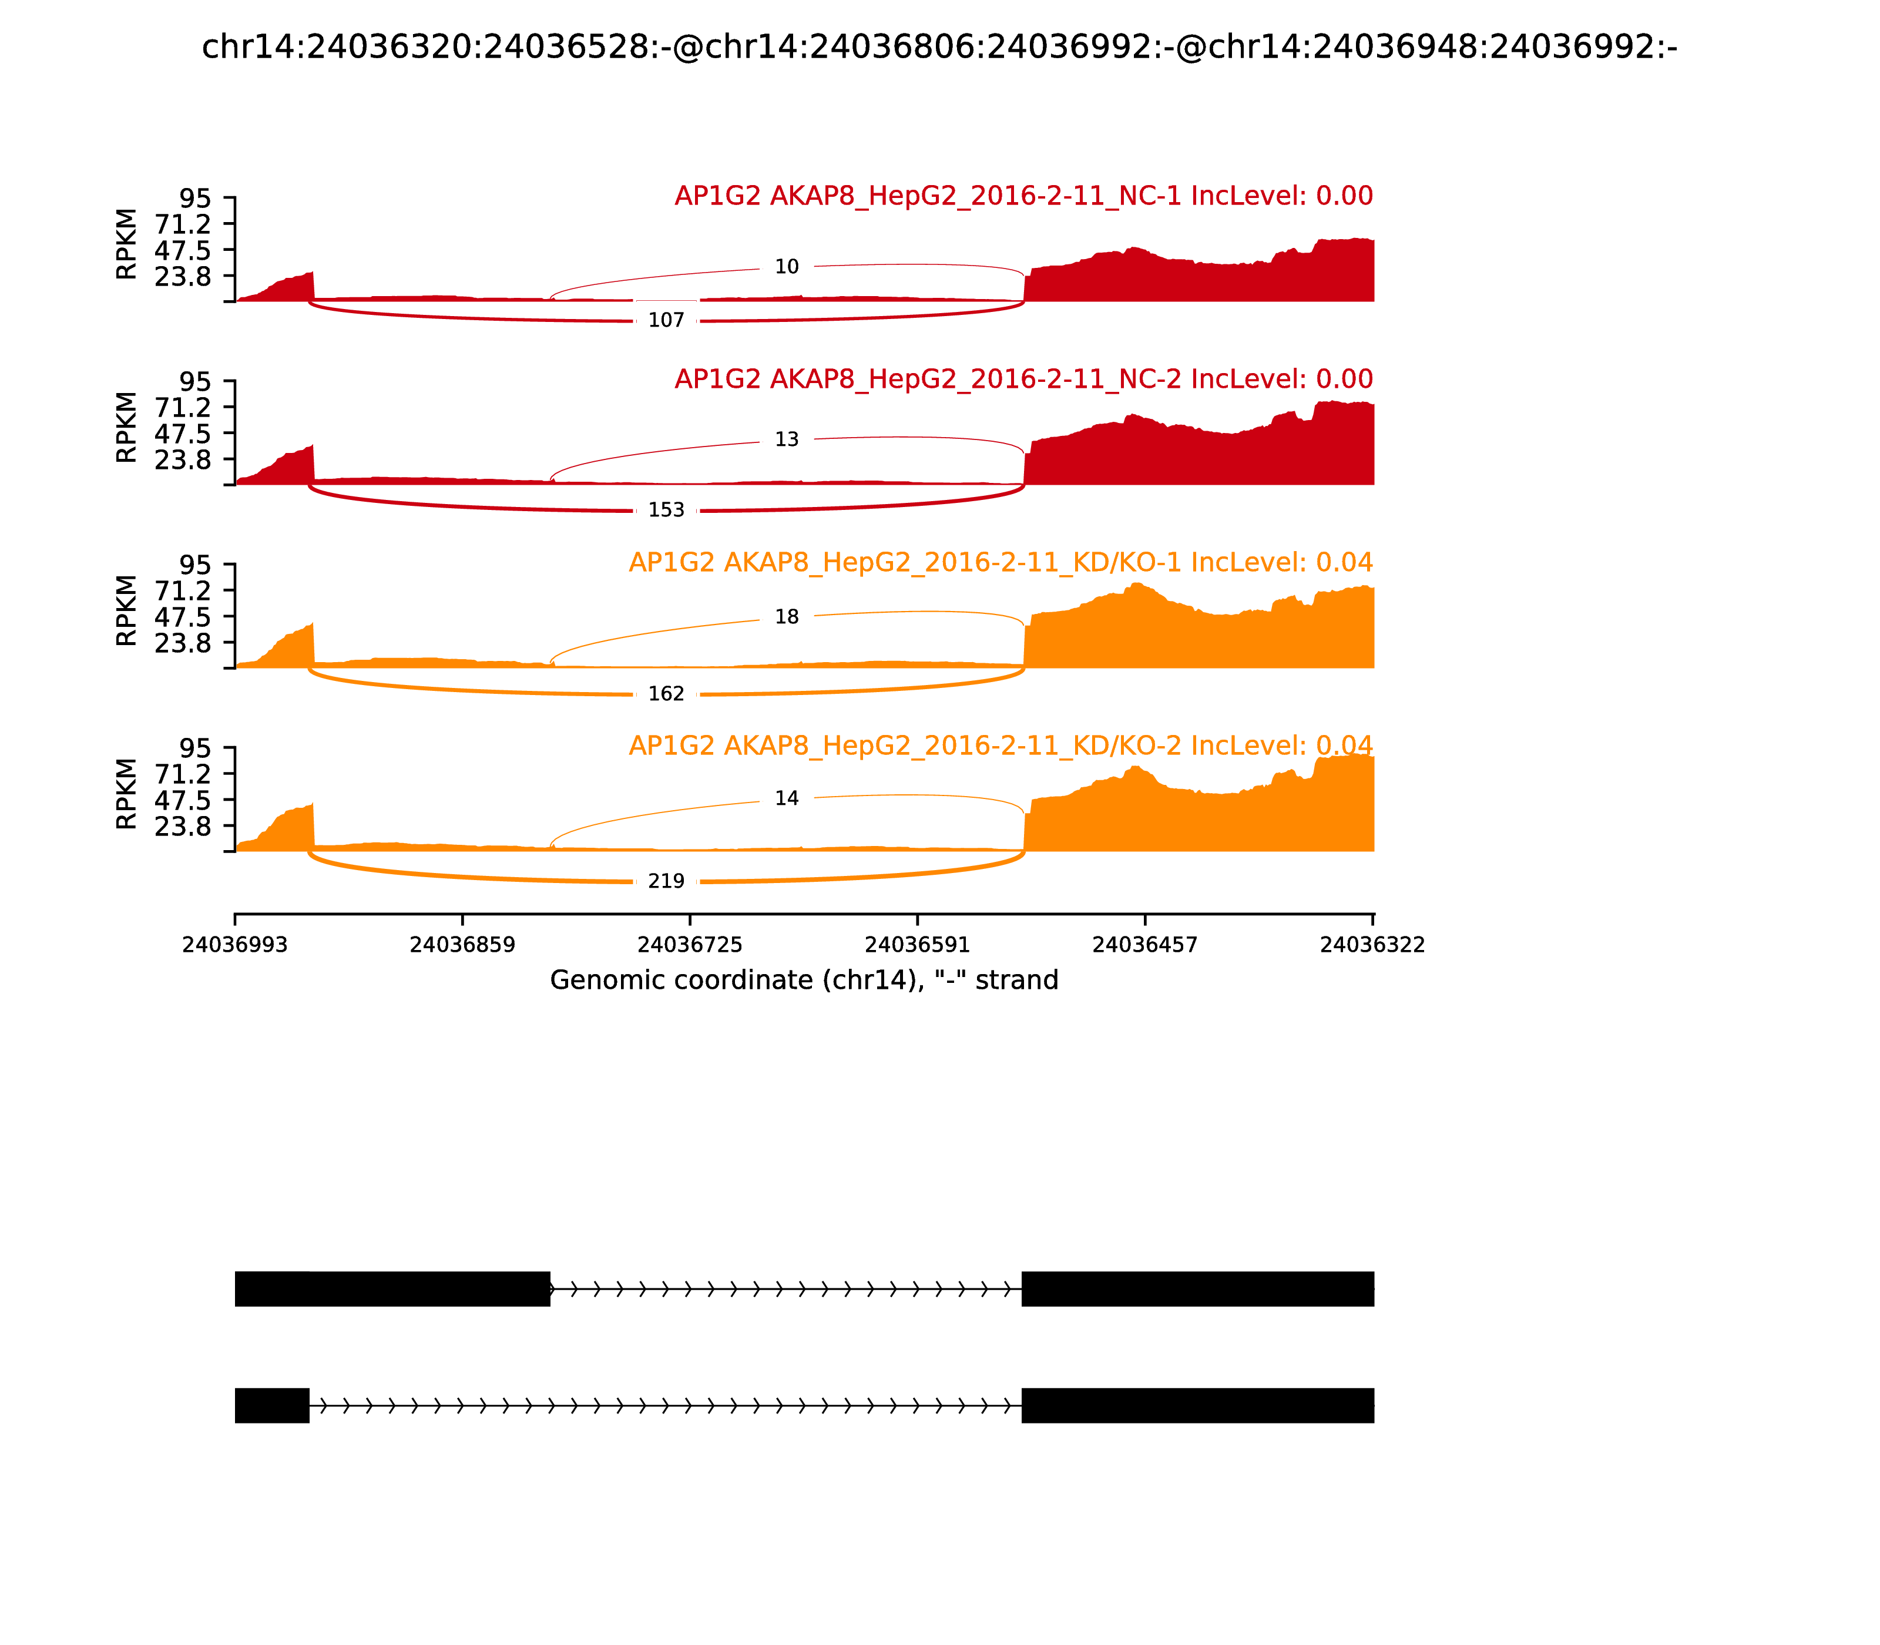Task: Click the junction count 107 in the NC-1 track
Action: [x=666, y=320]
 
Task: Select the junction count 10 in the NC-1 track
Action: [x=787, y=267]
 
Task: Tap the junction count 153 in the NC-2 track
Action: [x=666, y=511]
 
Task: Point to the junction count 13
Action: [x=787, y=439]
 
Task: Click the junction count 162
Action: [x=666, y=694]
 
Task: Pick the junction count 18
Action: [x=787, y=617]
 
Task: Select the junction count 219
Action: [x=666, y=881]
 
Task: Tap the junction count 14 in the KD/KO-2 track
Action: [x=787, y=798]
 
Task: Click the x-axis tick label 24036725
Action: [x=689, y=945]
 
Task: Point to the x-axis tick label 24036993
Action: [x=235, y=945]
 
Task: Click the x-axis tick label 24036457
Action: [x=1144, y=945]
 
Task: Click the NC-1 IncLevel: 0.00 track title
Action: [x=1023, y=196]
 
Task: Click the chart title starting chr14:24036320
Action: [x=939, y=47]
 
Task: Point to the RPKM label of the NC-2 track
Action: [x=127, y=427]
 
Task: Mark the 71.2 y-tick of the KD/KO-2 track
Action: [x=183, y=774]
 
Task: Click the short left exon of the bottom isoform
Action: [x=271, y=1405]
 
